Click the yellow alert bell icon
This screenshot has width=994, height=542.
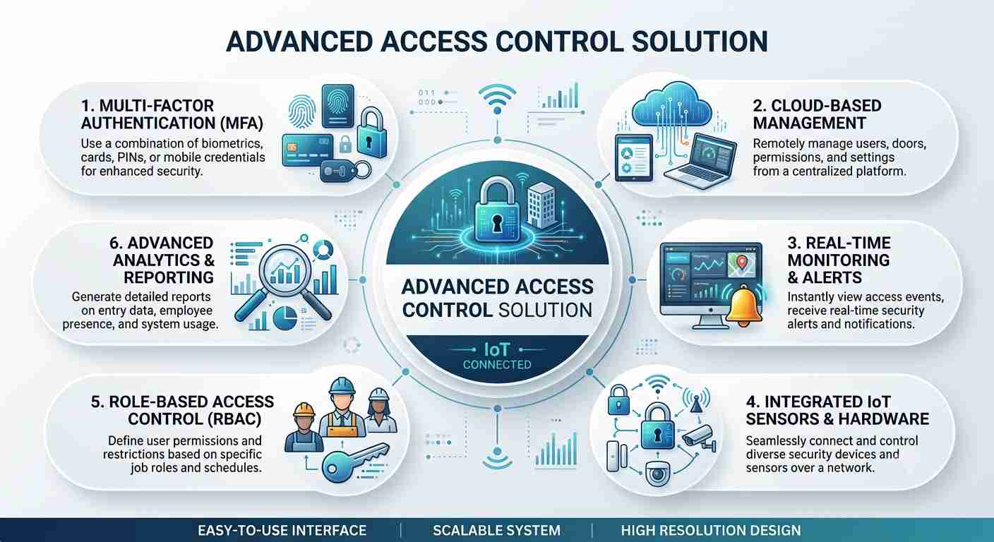click(x=744, y=306)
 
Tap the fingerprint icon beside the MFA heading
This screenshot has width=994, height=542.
click(x=301, y=112)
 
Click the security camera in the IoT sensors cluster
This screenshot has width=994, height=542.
click(x=699, y=437)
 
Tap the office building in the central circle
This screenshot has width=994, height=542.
click(x=541, y=206)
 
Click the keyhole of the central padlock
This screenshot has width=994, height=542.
click(x=496, y=224)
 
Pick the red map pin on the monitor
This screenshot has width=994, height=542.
click(x=742, y=262)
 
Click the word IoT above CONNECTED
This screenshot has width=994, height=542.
click(x=496, y=349)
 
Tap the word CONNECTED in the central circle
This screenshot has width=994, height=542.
click(x=497, y=365)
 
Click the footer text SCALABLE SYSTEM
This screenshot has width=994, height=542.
click(x=496, y=531)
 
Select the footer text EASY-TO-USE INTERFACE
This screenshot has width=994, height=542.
click(x=282, y=531)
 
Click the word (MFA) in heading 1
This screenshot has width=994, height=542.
click(x=241, y=123)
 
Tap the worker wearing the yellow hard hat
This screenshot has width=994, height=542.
click(x=304, y=427)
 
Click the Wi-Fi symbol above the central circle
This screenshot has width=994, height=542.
click(x=497, y=99)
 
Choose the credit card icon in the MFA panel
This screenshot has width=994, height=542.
click(x=308, y=150)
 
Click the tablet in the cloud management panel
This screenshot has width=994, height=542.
click(x=634, y=158)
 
